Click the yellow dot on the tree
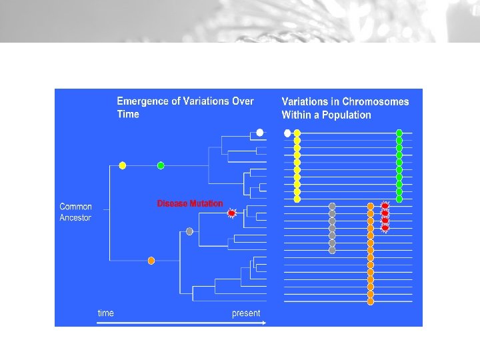(x=122, y=165)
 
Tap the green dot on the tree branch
(x=161, y=165)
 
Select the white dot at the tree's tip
(x=260, y=132)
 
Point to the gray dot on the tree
(x=189, y=231)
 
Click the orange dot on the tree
(x=151, y=260)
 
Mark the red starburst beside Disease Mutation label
(x=231, y=213)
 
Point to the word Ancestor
(x=75, y=218)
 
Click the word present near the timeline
(x=246, y=313)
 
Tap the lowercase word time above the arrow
(x=105, y=313)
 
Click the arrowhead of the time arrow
(x=264, y=323)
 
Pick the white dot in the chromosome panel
(x=287, y=133)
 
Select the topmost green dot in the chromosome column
(x=399, y=133)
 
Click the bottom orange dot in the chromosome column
(x=371, y=301)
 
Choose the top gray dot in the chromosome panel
(x=332, y=207)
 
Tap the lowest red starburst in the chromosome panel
(x=385, y=228)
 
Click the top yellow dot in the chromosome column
(x=297, y=133)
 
